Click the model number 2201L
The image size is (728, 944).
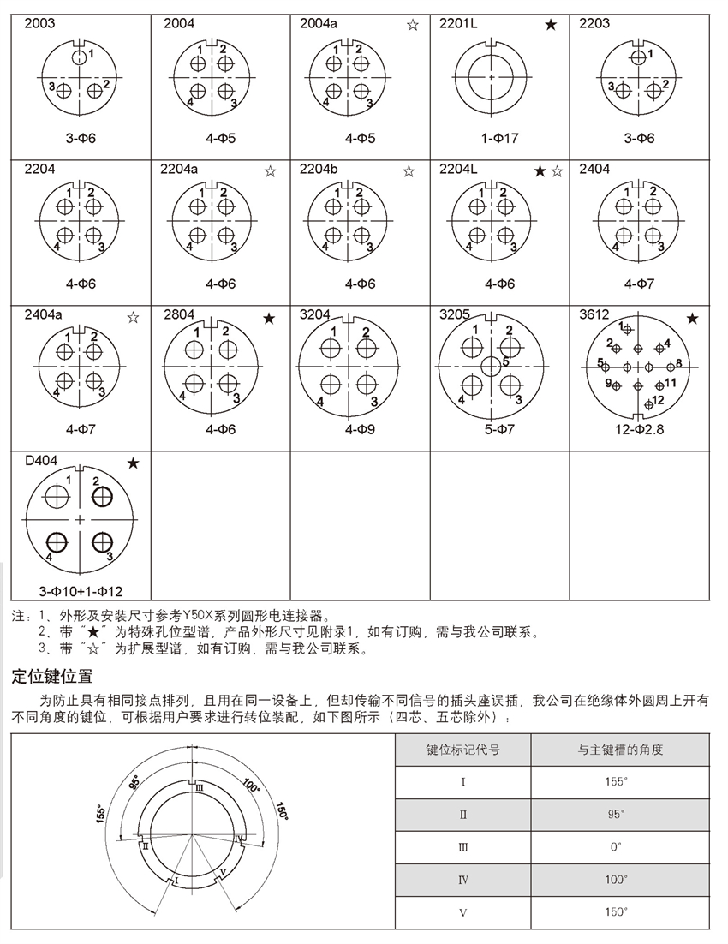click(458, 23)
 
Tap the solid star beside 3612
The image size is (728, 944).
click(692, 319)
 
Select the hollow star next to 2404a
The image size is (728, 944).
click(133, 318)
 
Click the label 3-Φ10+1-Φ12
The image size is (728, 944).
click(81, 591)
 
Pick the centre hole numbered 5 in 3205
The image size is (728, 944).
click(491, 367)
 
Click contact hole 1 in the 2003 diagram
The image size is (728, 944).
click(79, 58)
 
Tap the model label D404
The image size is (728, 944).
click(41, 462)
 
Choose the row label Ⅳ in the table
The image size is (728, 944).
click(463, 879)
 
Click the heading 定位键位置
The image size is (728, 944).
click(51, 677)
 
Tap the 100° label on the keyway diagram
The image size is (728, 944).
click(250, 785)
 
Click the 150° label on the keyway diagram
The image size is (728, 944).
click(281, 810)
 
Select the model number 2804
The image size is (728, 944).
click(178, 315)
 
